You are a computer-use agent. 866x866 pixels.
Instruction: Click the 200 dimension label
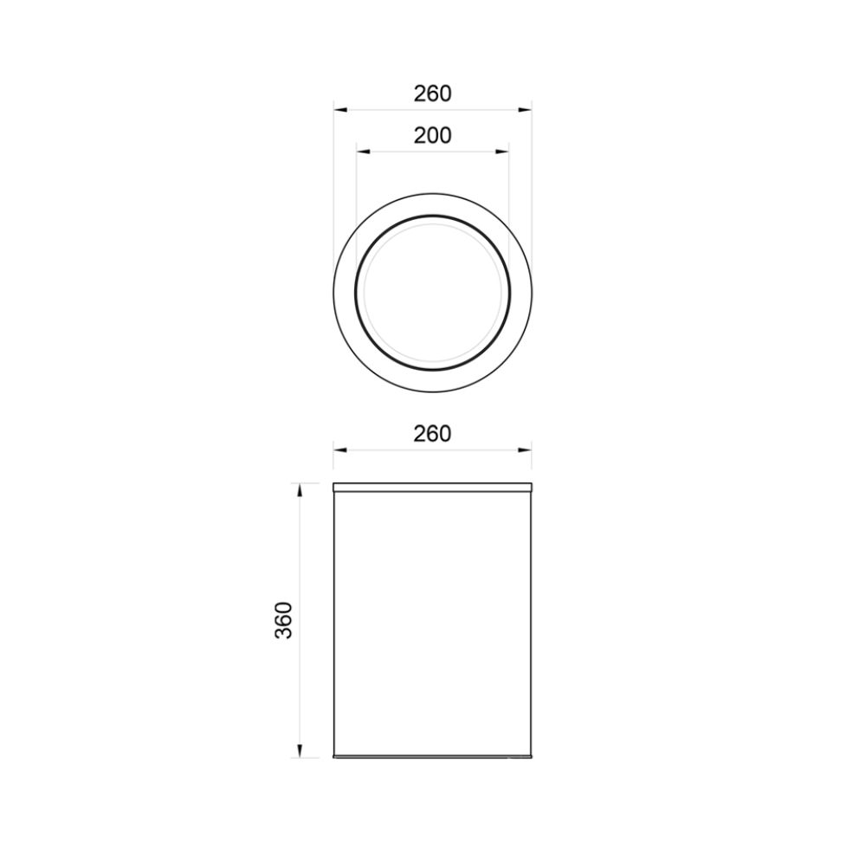[432, 135]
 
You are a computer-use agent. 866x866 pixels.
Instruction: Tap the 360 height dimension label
[284, 620]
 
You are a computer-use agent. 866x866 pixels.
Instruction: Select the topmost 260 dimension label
[432, 94]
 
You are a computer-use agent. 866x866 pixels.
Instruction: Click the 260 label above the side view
[432, 434]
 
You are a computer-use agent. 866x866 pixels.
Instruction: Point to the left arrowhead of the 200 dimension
[363, 152]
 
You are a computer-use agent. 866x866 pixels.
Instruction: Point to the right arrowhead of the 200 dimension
[502, 152]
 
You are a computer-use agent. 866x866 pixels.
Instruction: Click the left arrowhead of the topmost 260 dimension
[340, 110]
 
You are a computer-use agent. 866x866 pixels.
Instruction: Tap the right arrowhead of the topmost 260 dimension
[525, 110]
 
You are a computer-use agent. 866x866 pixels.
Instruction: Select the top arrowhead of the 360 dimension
[300, 490]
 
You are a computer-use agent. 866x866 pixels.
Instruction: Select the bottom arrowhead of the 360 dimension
[300, 751]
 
